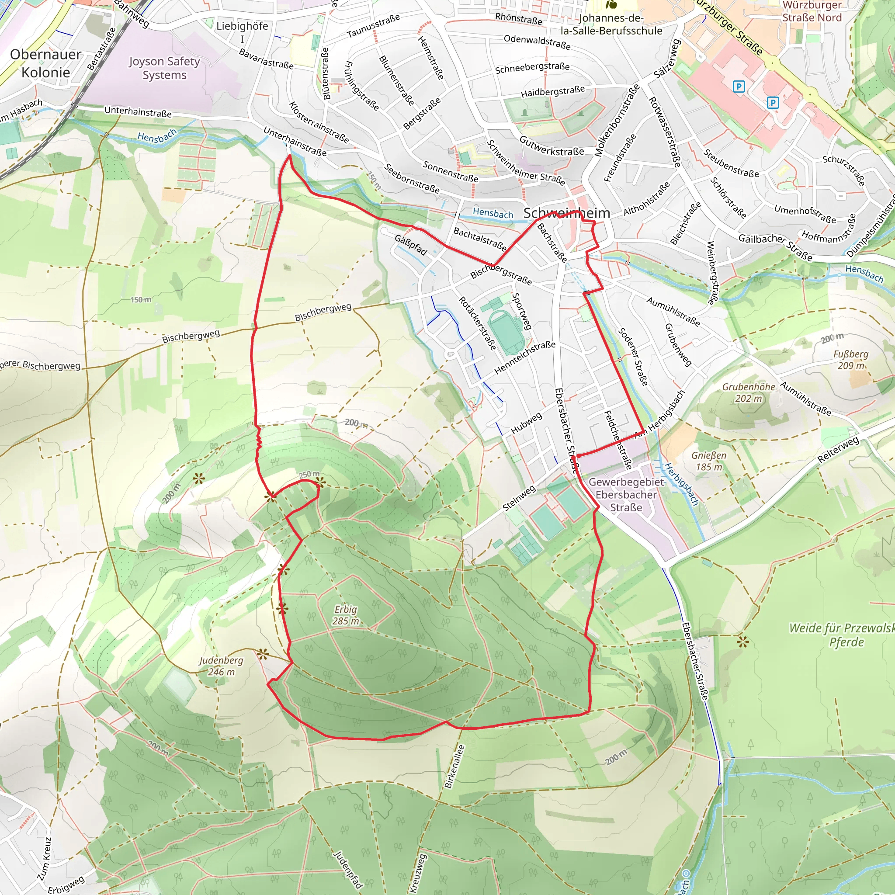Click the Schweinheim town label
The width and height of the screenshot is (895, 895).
566,213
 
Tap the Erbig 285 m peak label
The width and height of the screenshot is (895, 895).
346,615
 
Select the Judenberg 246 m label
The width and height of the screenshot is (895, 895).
221,666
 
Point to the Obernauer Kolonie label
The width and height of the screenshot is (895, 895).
45,63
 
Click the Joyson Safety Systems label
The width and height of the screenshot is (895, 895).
164,68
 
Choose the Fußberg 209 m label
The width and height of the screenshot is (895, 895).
851,360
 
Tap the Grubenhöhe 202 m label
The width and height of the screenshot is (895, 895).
749,392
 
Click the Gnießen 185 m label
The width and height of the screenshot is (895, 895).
709,461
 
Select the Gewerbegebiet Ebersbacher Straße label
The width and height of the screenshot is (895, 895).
626,495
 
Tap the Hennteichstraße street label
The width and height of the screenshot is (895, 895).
524,357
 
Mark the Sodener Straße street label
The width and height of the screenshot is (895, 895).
633,357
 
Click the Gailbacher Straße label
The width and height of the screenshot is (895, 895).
775,247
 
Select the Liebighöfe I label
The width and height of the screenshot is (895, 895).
242,31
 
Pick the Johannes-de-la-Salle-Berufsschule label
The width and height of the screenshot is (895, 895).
611,24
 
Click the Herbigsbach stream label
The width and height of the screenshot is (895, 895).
681,484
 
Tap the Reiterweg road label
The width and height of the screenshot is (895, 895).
838,449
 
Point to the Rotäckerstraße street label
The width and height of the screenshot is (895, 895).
478,323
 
